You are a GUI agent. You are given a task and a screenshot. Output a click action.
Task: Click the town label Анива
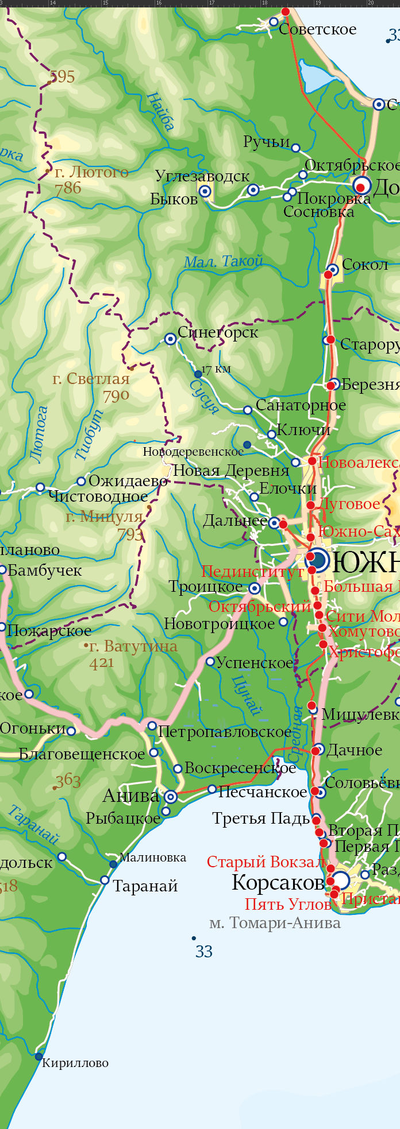point(130,796)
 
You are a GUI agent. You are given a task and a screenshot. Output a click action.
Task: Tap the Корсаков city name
point(278,883)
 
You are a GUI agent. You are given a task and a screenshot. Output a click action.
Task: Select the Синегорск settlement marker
point(170,339)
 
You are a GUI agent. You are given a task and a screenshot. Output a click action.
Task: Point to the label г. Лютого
point(91,172)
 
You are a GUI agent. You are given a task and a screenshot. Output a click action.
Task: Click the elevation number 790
point(116,395)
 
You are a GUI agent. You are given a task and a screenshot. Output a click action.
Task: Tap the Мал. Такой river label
point(223,262)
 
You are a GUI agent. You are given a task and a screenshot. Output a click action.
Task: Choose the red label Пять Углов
point(288,905)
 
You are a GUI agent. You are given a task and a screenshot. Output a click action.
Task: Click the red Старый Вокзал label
point(266,862)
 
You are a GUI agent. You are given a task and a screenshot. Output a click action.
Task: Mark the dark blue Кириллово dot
point(39,1056)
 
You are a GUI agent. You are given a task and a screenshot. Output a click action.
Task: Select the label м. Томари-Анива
point(275,923)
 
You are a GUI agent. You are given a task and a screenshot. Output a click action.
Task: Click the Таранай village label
point(145,886)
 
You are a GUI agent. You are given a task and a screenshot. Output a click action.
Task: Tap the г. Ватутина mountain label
point(133,646)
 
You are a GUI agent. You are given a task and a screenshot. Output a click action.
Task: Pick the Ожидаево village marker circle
point(81,482)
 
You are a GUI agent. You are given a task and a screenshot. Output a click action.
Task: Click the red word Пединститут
point(252,572)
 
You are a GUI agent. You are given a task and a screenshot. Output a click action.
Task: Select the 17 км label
point(216,369)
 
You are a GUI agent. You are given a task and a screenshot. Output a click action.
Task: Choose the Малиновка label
point(153,858)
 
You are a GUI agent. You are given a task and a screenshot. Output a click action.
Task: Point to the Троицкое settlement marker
point(255,588)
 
